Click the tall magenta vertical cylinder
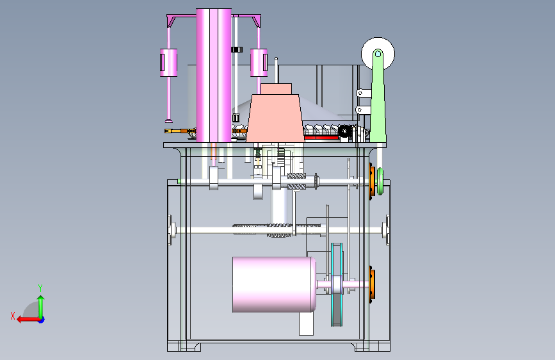(x=214, y=75)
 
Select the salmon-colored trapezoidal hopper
(x=275, y=118)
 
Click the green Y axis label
(x=40, y=288)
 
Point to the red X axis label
(x=13, y=316)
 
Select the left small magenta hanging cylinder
(x=168, y=63)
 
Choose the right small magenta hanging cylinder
(x=259, y=63)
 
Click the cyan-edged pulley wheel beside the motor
(x=337, y=284)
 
